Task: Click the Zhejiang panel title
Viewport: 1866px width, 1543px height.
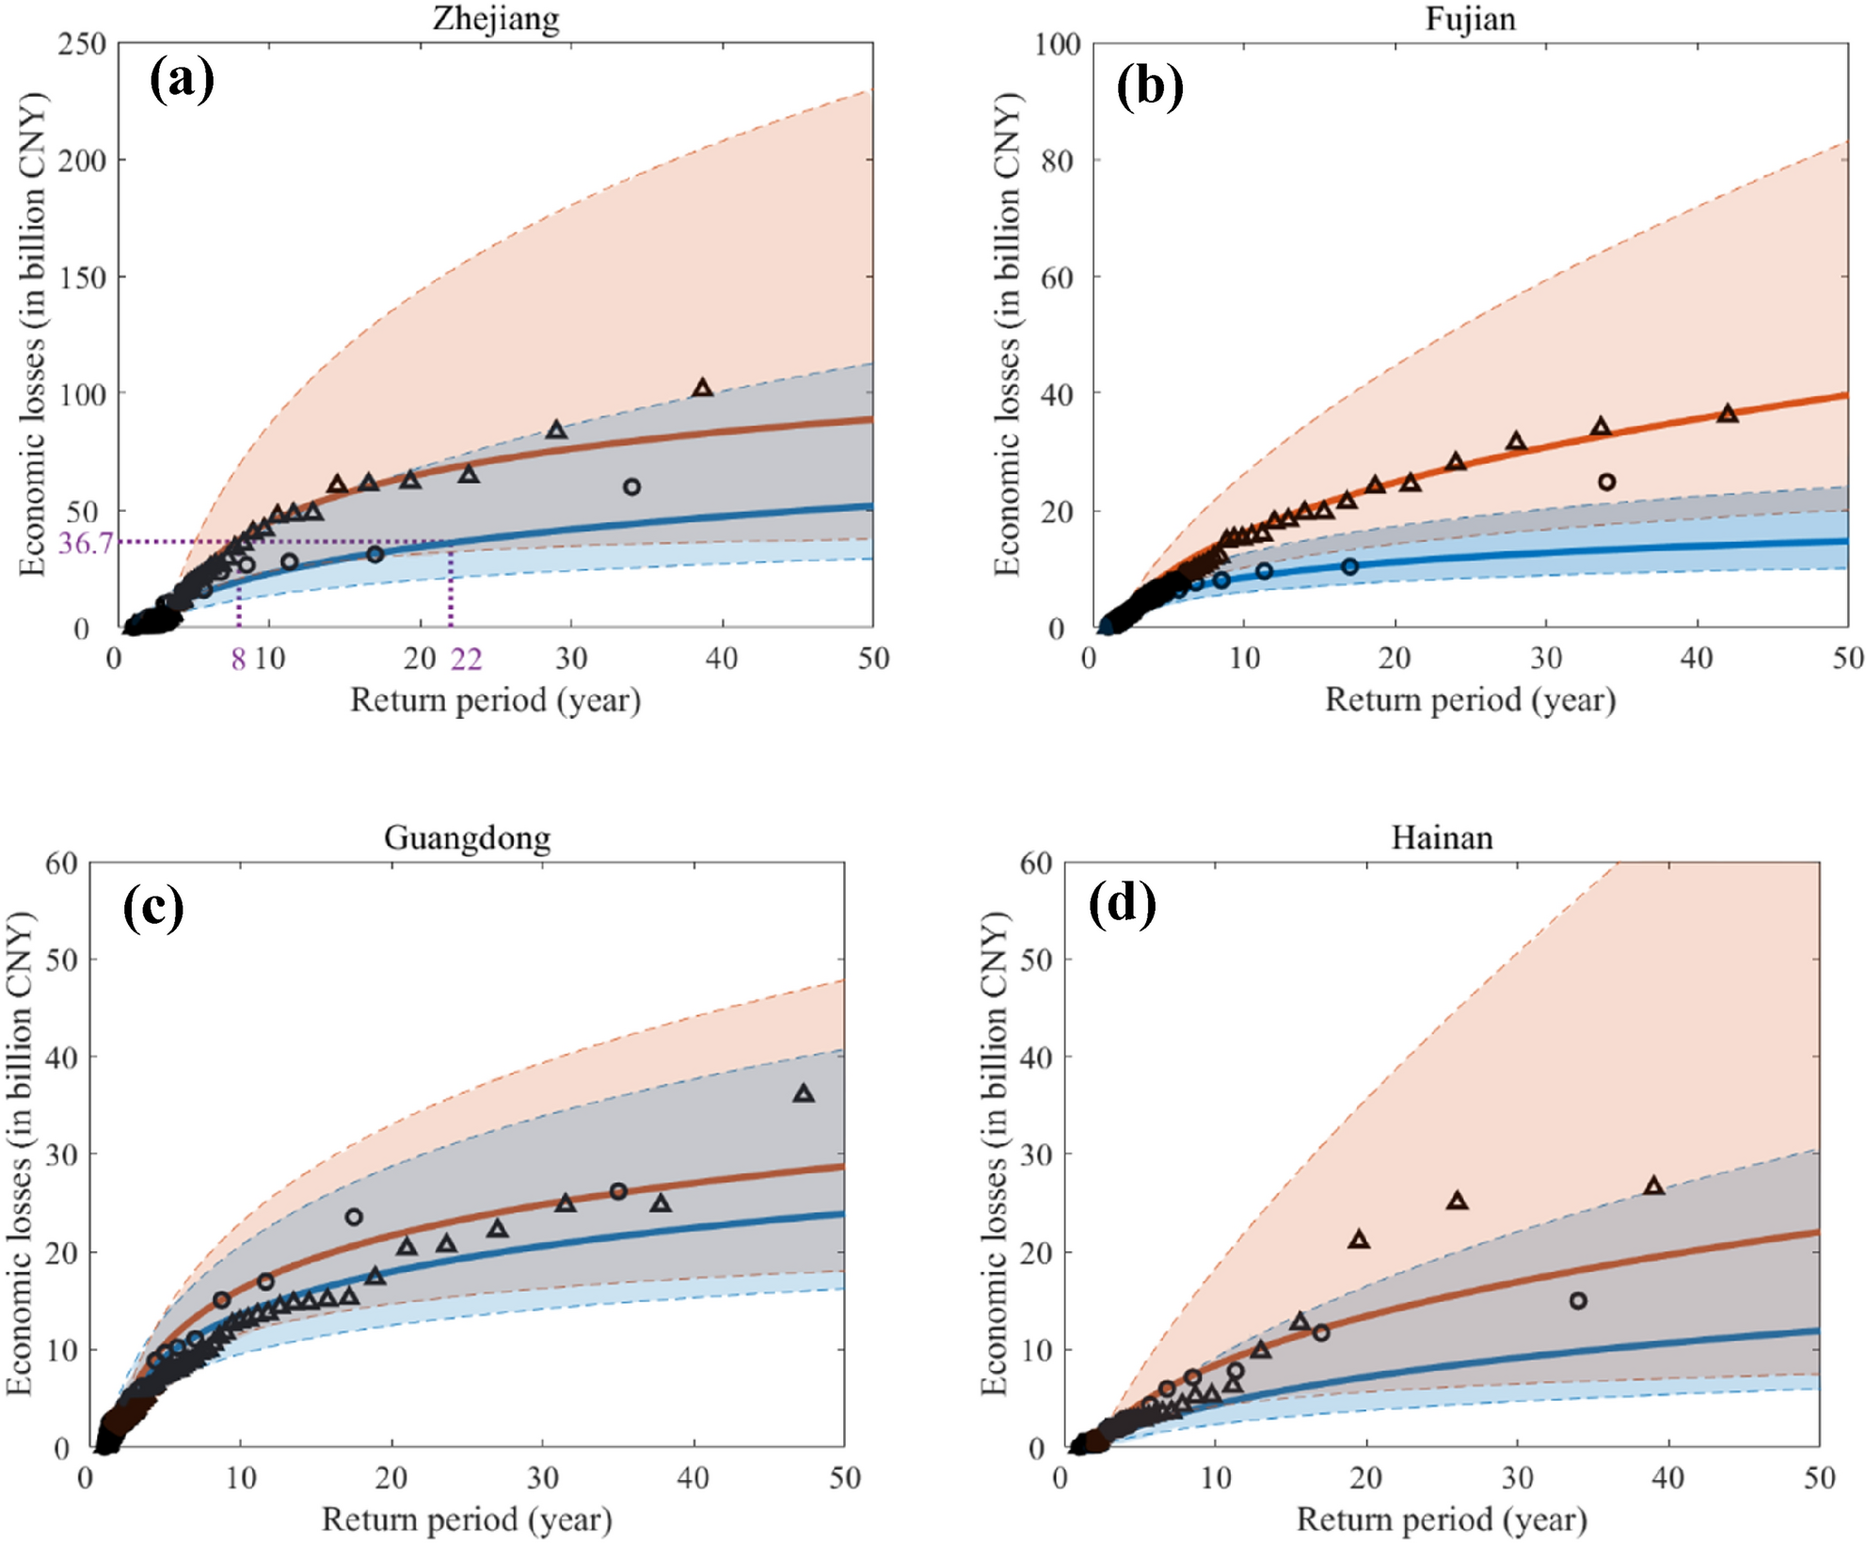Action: (496, 19)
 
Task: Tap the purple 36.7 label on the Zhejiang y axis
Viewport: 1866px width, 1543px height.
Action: (86, 543)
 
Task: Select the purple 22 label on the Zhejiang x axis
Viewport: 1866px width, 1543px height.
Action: (466, 660)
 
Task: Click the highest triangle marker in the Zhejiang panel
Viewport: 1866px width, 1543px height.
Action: (702, 388)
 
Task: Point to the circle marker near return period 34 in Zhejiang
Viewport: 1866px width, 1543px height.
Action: (632, 486)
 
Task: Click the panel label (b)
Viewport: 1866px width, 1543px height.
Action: (1149, 87)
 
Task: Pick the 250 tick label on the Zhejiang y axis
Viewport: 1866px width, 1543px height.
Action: (82, 43)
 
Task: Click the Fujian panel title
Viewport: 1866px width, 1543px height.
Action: (1470, 19)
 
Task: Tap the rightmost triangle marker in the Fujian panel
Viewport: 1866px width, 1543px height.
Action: (1727, 413)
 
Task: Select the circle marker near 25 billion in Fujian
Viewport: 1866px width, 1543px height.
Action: (1607, 482)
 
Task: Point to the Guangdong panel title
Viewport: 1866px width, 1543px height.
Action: (467, 837)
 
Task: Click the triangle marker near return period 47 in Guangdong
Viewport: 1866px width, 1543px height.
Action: (804, 1093)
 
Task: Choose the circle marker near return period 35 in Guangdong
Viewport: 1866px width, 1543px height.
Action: (618, 1191)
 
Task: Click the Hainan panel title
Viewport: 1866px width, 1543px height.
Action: (1442, 837)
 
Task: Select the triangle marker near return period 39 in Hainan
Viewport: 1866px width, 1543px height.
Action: (1653, 1185)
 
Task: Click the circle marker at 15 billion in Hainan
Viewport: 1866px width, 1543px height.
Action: (1578, 1300)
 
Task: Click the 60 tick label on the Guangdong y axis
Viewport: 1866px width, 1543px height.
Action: (61, 863)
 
